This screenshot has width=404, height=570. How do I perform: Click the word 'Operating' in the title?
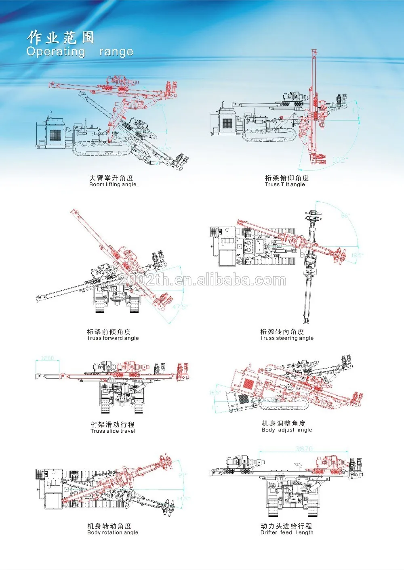[56, 52]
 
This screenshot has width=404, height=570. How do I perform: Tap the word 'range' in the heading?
[116, 52]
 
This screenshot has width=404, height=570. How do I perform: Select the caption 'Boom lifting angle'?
[113, 184]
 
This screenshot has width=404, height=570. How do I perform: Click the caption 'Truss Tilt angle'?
[285, 184]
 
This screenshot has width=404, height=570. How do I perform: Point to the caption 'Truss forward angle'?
[113, 338]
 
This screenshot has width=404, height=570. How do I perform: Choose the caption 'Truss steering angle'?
[287, 338]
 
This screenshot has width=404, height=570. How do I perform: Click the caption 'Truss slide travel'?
[113, 431]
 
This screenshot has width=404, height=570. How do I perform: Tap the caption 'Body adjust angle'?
[287, 430]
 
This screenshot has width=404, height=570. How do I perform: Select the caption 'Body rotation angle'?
[113, 532]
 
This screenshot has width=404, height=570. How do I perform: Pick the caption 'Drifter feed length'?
[287, 532]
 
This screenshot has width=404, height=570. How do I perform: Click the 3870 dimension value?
[304, 448]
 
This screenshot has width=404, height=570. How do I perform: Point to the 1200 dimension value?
[48, 358]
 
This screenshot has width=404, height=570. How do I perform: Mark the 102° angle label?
[339, 160]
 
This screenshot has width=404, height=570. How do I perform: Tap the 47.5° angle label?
[180, 307]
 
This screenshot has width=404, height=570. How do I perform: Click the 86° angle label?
[345, 216]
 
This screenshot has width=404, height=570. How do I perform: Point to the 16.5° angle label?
[215, 393]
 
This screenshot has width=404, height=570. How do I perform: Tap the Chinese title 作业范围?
[61, 38]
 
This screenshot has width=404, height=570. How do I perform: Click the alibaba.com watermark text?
[202, 280]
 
